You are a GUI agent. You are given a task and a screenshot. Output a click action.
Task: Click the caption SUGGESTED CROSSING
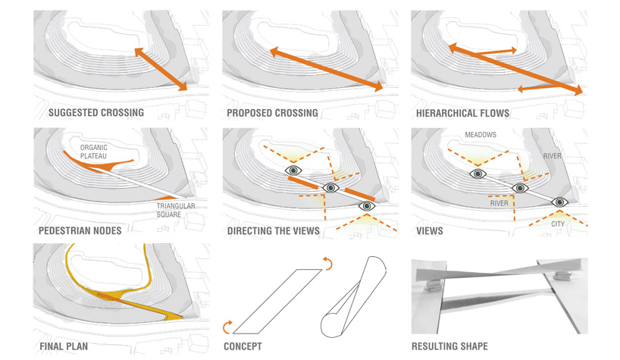tap(96, 114)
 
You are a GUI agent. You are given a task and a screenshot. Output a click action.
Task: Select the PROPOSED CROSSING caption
tap(272, 114)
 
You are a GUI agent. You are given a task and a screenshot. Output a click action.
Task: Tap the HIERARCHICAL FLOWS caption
tap(462, 114)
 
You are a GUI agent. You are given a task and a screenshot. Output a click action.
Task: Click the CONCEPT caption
tap(243, 347)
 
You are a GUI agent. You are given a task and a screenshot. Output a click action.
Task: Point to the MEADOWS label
tap(481, 135)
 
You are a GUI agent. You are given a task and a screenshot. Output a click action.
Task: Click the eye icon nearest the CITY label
tap(559, 202)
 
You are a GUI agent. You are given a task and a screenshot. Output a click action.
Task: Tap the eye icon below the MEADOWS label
tap(477, 173)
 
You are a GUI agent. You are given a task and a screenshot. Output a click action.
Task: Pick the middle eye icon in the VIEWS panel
tap(519, 187)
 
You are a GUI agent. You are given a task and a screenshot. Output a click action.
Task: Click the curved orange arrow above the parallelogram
tap(327, 263)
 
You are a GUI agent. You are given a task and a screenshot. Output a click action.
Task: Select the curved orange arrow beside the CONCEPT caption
tap(227, 327)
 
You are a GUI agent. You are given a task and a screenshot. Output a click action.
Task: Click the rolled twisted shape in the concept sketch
tap(352, 297)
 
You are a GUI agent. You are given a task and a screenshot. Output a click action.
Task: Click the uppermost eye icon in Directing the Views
tap(293, 171)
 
